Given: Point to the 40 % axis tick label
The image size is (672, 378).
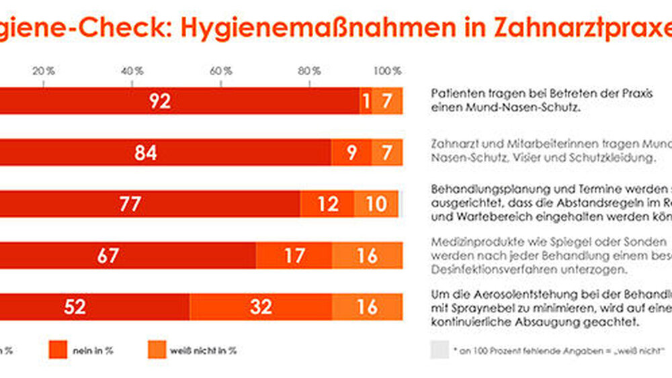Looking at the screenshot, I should (x=132, y=70).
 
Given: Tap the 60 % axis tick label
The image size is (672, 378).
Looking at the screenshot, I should (x=222, y=70).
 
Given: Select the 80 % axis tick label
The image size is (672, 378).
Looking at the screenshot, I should (x=310, y=70).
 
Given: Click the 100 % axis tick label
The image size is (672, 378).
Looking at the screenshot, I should (x=388, y=70).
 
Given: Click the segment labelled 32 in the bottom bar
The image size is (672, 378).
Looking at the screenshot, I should (x=260, y=306).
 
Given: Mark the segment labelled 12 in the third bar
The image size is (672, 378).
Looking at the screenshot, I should (x=327, y=203).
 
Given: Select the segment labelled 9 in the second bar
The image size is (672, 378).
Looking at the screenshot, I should (x=351, y=152).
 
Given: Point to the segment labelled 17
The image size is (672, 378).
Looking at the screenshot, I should (x=294, y=255).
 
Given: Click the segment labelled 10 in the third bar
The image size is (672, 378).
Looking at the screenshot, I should (x=376, y=203).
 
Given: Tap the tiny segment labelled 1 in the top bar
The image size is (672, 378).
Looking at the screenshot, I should (x=366, y=101).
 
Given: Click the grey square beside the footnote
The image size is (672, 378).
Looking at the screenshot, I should (x=439, y=350).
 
